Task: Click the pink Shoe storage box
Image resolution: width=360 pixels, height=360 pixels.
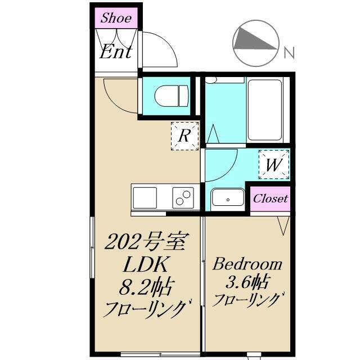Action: pyautogui.click(x=116, y=18)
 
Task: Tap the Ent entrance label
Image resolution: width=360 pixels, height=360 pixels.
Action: pyautogui.click(x=116, y=52)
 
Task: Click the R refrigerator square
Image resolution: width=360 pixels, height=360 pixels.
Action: pyautogui.click(x=184, y=136)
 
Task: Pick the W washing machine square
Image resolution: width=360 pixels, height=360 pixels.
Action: pyautogui.click(x=274, y=165)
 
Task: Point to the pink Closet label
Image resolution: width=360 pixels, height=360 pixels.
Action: pyautogui.click(x=270, y=199)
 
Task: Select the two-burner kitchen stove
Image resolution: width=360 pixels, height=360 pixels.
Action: pyautogui.click(x=183, y=198)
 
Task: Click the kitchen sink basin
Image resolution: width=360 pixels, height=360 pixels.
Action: pyautogui.click(x=145, y=198)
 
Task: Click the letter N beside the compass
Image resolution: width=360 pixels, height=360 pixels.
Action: pyautogui.click(x=289, y=54)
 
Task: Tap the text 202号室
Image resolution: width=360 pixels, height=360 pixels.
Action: pyautogui.click(x=146, y=243)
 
